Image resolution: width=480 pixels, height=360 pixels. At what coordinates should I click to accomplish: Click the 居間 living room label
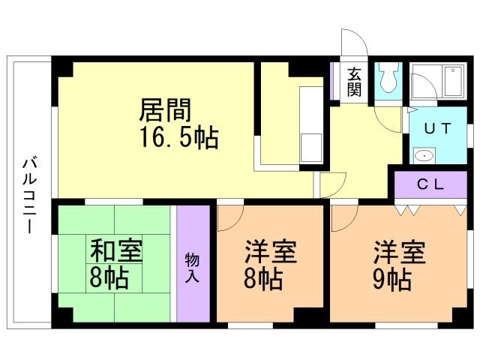click(x=165, y=110)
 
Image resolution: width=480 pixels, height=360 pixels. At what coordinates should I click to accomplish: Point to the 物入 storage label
click(x=192, y=268)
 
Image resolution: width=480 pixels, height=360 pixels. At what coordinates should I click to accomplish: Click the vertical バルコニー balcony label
click(x=28, y=193)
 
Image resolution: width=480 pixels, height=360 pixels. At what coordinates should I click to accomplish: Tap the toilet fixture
click(x=388, y=78)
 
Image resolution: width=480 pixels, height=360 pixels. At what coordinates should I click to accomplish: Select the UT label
click(x=437, y=127)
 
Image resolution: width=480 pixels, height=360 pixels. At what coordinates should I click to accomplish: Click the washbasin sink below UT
click(x=424, y=156)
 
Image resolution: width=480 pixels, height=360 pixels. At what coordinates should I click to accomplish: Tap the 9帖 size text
click(x=391, y=280)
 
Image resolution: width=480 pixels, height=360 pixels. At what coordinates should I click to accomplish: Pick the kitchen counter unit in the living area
click(x=310, y=124)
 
